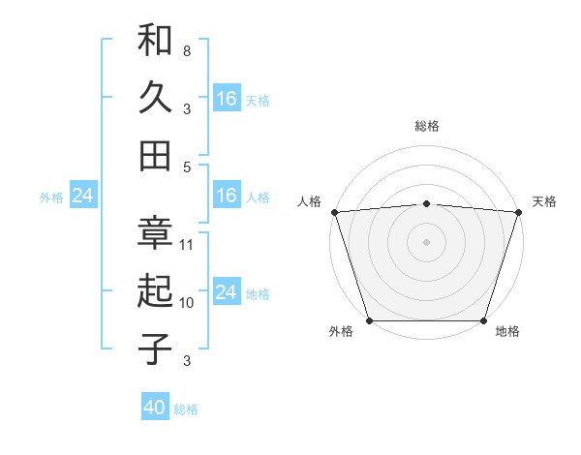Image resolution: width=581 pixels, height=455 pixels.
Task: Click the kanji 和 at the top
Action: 155,41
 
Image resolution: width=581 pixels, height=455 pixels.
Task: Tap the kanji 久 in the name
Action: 155,98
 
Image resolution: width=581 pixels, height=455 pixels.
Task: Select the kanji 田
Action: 155,155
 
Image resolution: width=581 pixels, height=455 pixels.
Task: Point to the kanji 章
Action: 155,234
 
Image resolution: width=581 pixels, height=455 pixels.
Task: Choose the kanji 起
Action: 155,291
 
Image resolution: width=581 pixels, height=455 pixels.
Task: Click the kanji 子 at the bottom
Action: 155,349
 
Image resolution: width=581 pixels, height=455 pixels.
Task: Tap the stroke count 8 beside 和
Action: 187,50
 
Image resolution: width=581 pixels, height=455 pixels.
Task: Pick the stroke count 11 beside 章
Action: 187,244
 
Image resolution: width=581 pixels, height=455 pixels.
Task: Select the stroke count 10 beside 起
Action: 187,302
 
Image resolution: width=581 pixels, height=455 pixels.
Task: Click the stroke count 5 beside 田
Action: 187,166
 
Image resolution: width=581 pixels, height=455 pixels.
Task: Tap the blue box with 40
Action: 155,408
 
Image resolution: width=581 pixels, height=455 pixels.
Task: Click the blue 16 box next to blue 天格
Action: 227,99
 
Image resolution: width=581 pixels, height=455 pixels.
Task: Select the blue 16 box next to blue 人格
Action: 227,196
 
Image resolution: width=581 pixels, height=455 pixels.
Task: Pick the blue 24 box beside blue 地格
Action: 227,292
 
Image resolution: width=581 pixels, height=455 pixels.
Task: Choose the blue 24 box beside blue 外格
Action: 82,197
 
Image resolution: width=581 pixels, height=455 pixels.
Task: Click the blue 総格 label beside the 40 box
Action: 186,409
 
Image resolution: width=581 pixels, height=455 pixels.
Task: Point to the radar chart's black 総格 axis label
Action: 426,126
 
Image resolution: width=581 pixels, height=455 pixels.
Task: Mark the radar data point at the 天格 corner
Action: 518,211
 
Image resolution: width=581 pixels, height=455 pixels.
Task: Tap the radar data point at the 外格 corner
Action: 370,319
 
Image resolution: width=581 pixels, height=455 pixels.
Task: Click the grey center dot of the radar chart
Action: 426,241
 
